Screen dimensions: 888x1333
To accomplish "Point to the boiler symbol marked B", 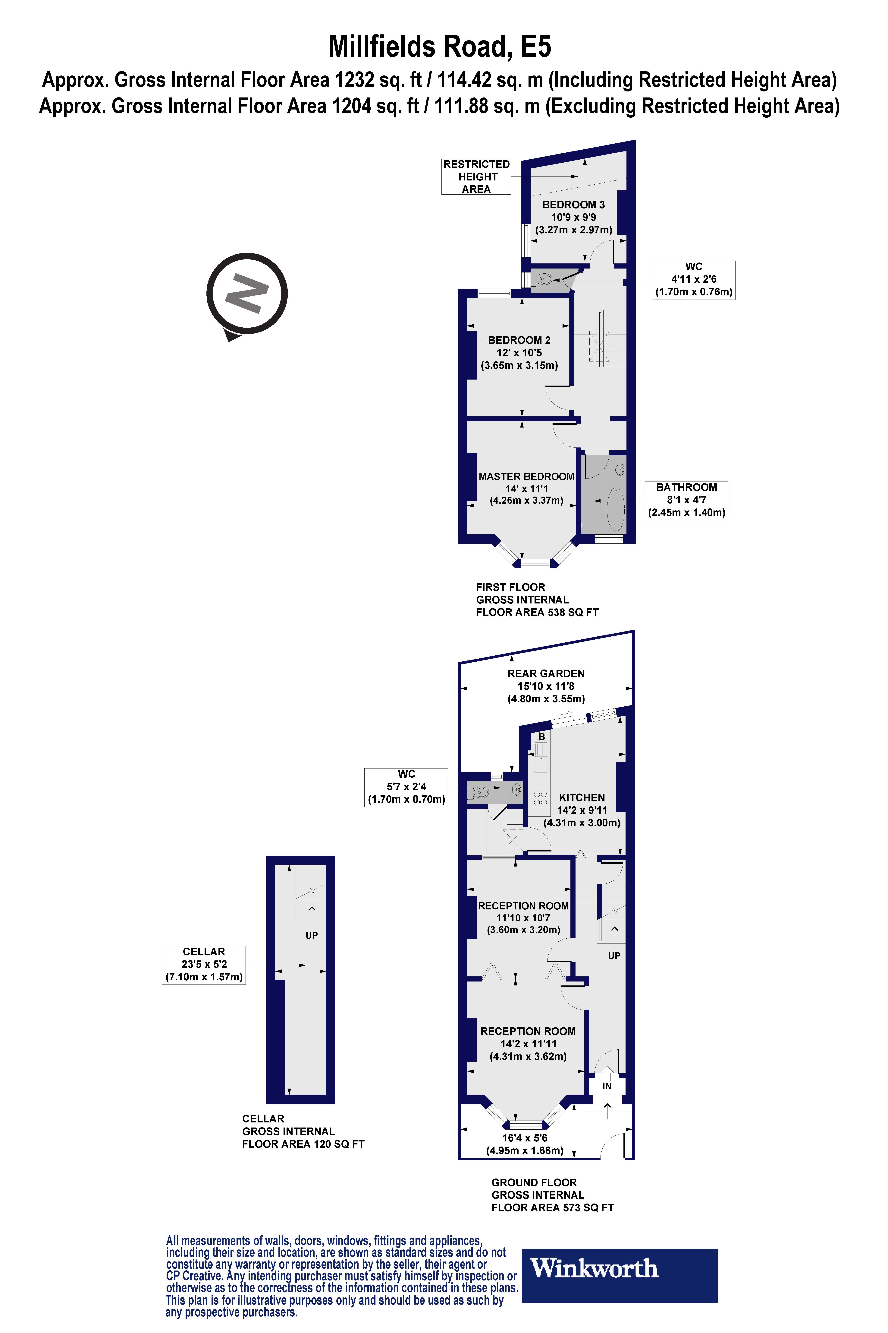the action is (541, 737).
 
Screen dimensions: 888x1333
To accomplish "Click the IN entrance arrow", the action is (607, 1075).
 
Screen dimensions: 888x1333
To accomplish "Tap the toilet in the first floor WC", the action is (543, 279).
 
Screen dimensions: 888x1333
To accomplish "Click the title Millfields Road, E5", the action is (440, 46).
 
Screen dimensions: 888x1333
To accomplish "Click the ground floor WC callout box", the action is (406, 787).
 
